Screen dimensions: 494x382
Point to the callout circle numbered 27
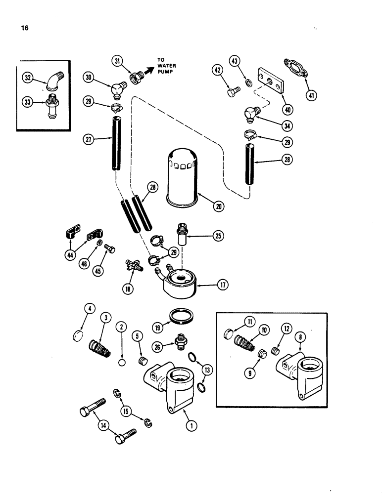89,139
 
